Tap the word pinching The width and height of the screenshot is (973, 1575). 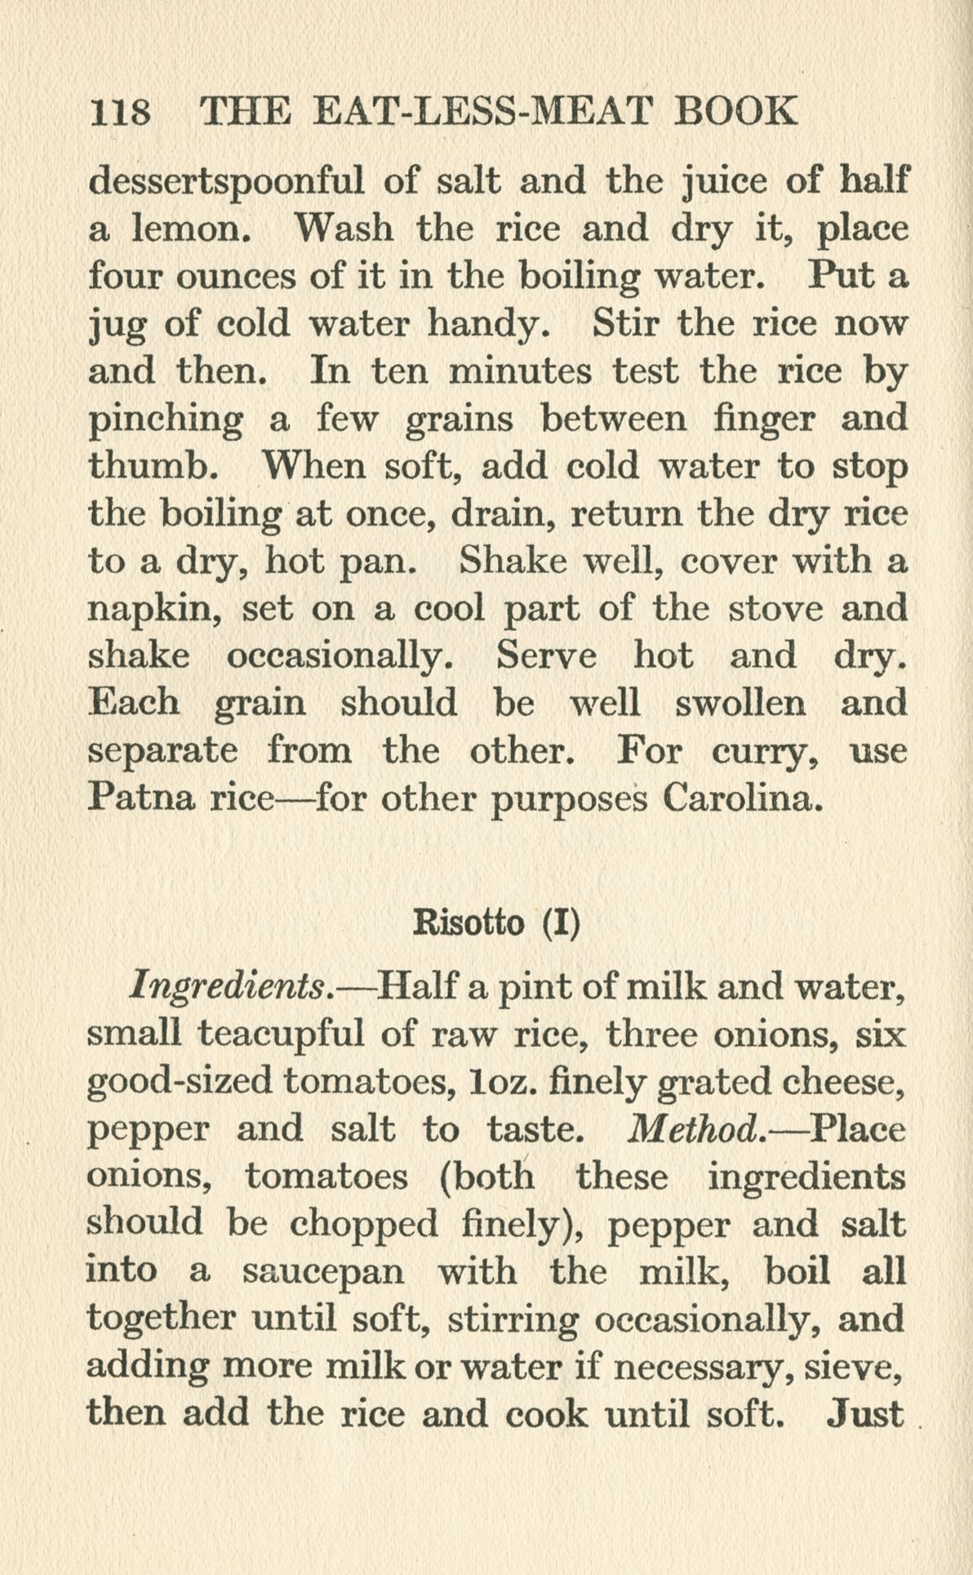(x=165, y=420)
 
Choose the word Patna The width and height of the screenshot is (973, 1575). (x=141, y=797)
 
